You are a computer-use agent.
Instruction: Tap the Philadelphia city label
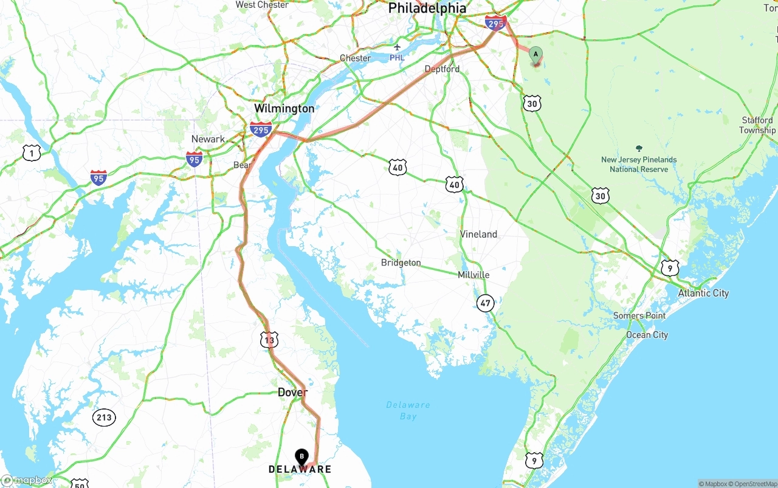click(x=427, y=8)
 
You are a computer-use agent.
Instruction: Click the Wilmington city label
click(x=284, y=109)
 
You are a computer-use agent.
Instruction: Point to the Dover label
click(x=292, y=393)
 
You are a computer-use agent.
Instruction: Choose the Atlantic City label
click(x=703, y=293)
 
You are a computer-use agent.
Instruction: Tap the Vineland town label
click(x=478, y=234)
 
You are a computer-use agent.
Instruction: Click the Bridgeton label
click(x=401, y=263)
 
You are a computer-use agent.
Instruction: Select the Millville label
click(x=473, y=275)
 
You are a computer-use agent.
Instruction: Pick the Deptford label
click(x=442, y=69)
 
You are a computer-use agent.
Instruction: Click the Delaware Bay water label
click(x=408, y=410)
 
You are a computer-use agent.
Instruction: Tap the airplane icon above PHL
click(x=397, y=47)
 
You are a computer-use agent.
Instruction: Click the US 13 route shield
click(x=269, y=340)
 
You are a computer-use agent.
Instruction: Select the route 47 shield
click(x=485, y=303)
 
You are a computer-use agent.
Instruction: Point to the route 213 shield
click(x=104, y=418)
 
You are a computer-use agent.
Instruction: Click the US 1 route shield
click(x=32, y=153)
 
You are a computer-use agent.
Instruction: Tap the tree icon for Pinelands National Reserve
click(x=638, y=148)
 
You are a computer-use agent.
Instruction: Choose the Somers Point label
click(x=639, y=315)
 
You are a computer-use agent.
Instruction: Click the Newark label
click(x=208, y=139)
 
